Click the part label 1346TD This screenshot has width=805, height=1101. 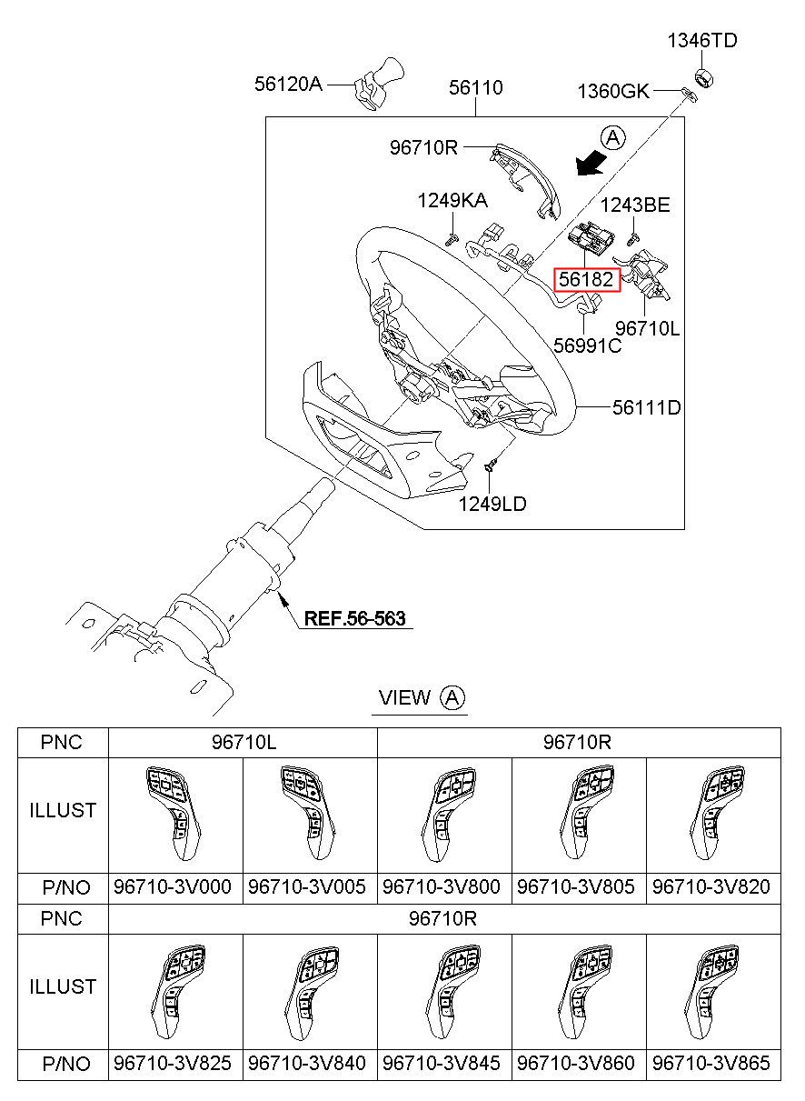pyautogui.click(x=701, y=40)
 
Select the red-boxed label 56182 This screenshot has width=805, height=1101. pyautogui.click(x=586, y=280)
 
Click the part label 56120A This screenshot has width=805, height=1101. pyautogui.click(x=288, y=84)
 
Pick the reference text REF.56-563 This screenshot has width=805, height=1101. pyautogui.click(x=354, y=618)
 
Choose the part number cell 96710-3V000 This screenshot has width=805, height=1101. pyautogui.click(x=173, y=886)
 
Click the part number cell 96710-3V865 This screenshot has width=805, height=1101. pyautogui.click(x=711, y=1063)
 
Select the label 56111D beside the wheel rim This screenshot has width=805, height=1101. pyautogui.click(x=646, y=407)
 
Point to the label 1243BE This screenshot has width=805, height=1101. pyautogui.click(x=635, y=205)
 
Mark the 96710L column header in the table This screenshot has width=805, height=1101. pyautogui.click(x=244, y=742)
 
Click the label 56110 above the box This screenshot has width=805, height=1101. pyautogui.click(x=475, y=87)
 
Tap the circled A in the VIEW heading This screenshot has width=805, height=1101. pyautogui.click(x=452, y=697)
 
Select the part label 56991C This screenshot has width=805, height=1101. pyautogui.click(x=588, y=345)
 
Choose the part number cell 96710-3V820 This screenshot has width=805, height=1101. pyautogui.click(x=711, y=886)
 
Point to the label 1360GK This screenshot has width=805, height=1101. pyautogui.click(x=613, y=92)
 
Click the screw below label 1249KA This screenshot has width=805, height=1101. pyautogui.click(x=452, y=240)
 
